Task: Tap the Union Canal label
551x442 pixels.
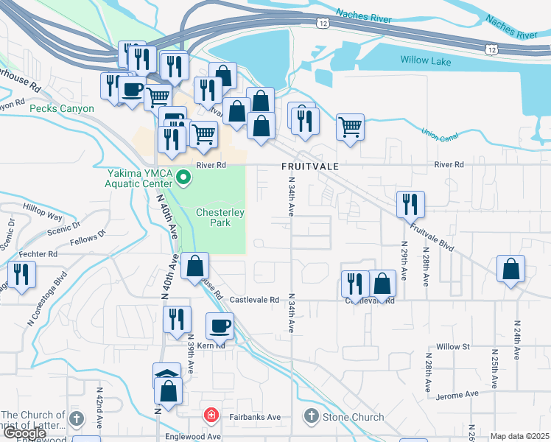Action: point(440,133)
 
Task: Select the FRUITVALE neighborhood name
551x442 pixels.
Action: point(310,166)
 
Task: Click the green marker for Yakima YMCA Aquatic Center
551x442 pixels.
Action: point(184,177)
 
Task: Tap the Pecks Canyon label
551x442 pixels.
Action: point(62,108)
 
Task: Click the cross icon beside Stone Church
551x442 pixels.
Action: point(311,417)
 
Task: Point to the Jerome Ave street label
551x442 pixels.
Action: point(457,396)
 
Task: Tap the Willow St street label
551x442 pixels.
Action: point(452,346)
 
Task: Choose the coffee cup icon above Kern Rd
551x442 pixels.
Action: point(220,325)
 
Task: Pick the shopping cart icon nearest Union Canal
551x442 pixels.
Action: point(351,126)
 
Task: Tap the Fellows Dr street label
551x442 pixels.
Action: point(88,237)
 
